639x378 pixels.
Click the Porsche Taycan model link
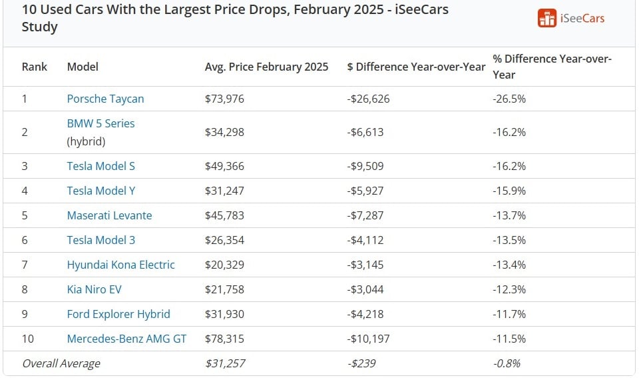point(105,99)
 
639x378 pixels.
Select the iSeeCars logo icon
point(546,19)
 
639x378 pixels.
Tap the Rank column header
point(35,67)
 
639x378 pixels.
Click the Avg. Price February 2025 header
point(266,67)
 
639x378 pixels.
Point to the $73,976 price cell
point(224,99)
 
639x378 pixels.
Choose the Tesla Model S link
point(101,166)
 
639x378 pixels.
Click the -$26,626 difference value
point(368,99)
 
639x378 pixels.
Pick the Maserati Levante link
point(109,215)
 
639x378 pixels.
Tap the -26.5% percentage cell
point(509,99)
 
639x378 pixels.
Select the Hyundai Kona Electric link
point(120,265)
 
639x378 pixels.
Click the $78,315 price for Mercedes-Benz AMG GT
point(224,339)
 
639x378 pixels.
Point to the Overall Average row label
point(61,363)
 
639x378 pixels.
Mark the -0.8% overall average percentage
point(507,363)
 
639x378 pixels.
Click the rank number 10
point(28,339)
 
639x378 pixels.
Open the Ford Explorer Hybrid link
point(118,314)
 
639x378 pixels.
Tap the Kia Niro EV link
point(94,289)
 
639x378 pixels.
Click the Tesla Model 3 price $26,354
point(224,240)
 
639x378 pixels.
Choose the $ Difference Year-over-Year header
point(416,67)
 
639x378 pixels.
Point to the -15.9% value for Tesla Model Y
point(509,191)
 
